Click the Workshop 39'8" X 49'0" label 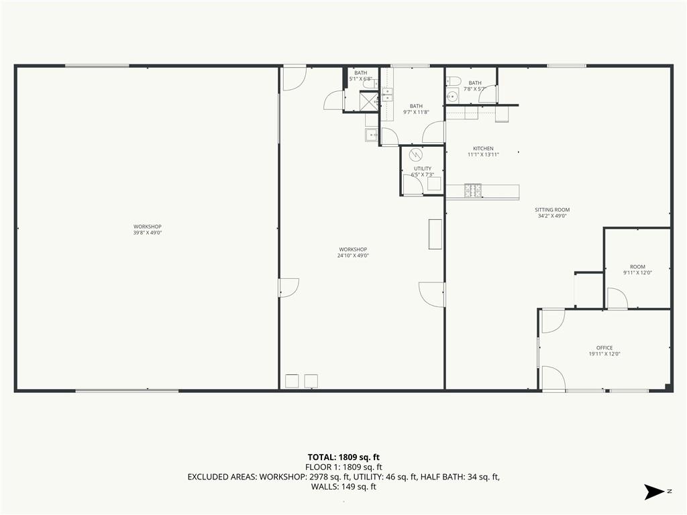click(148, 230)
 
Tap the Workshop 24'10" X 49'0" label click(353, 253)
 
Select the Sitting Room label click(552, 213)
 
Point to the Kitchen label click(483, 152)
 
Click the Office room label click(604, 351)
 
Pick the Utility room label click(423, 172)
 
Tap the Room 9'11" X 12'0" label click(637, 270)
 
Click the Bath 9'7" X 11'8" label click(416, 109)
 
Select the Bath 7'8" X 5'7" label click(475, 86)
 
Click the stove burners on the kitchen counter click(473, 190)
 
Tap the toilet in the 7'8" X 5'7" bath click(453, 81)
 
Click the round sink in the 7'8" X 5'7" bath click(452, 96)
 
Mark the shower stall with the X click(369, 101)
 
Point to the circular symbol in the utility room click(416, 155)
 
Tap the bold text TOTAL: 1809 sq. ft click(343, 458)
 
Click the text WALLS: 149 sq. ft click(343, 487)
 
